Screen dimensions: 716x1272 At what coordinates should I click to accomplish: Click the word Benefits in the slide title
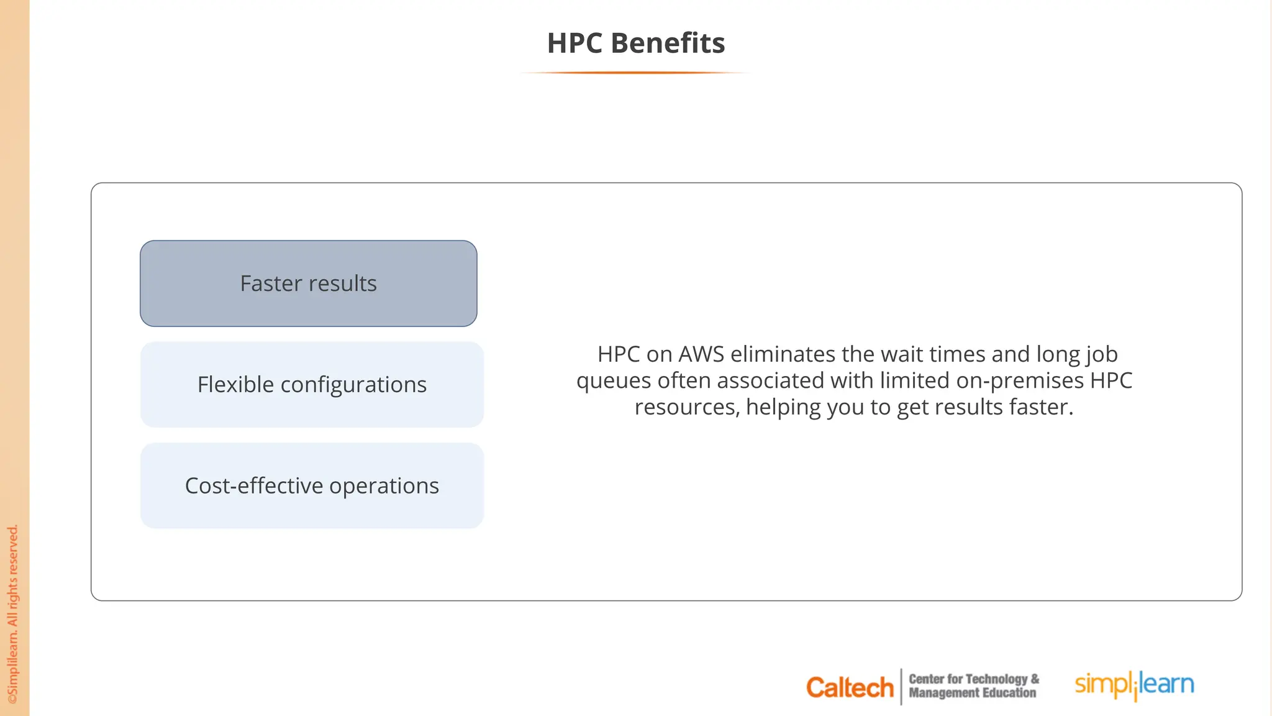668,43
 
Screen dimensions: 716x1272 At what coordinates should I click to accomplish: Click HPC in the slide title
575,43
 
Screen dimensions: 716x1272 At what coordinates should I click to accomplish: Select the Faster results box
309,283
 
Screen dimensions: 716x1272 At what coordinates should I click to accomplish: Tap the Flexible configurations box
312,385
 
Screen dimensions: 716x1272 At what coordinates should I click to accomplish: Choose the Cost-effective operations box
312,485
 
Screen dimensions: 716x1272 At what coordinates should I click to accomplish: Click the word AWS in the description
701,354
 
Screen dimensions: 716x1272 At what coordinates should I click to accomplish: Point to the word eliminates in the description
783,354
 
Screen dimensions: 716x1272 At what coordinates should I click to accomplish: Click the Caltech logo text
850,687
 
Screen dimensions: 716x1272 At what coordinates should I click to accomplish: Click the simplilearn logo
1134,684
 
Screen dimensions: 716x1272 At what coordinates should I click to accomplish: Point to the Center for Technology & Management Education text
973,686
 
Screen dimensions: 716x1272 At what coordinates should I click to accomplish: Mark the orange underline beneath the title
635,73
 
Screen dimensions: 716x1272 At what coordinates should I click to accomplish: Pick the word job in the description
1102,354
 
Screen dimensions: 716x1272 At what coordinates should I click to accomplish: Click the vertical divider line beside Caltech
901,687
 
